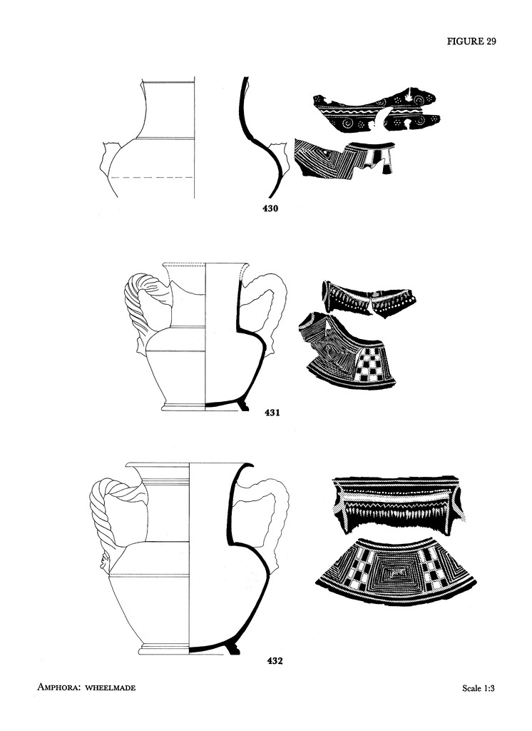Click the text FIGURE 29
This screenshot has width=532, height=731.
(471, 41)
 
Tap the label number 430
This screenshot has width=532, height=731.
(270, 208)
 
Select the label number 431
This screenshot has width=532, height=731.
(272, 412)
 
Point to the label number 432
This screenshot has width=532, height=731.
(275, 660)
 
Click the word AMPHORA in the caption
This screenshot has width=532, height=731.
(58, 687)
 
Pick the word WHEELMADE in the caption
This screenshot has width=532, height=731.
(111, 687)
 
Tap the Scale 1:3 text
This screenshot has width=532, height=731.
(479, 687)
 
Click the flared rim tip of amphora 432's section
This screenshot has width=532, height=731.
(252, 465)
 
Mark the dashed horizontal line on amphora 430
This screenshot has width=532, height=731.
(152, 177)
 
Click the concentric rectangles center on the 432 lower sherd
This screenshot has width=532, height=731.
(397, 572)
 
